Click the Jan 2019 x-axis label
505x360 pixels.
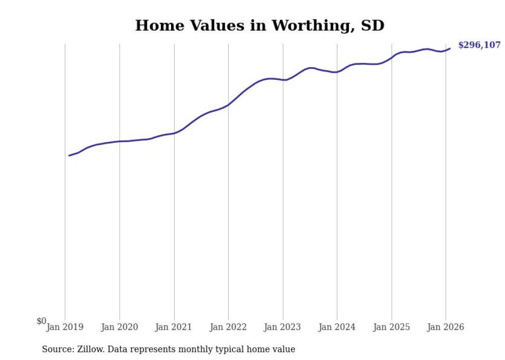click(65, 327)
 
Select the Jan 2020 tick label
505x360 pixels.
click(120, 327)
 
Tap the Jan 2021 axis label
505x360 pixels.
click(174, 327)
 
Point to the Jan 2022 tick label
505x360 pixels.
click(228, 327)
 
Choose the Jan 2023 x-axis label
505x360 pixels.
click(283, 327)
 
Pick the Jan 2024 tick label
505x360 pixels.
click(337, 327)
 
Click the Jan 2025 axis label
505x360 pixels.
click(392, 327)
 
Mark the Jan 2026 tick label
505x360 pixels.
click(446, 327)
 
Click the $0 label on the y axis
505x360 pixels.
click(41, 321)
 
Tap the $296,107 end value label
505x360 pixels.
click(479, 45)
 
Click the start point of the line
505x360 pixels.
click(69, 155)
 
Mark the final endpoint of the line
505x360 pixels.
click(450, 48)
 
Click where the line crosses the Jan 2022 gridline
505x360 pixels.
click(228, 105)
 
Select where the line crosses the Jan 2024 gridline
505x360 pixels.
click(337, 72)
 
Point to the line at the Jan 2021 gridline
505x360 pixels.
click(174, 133)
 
